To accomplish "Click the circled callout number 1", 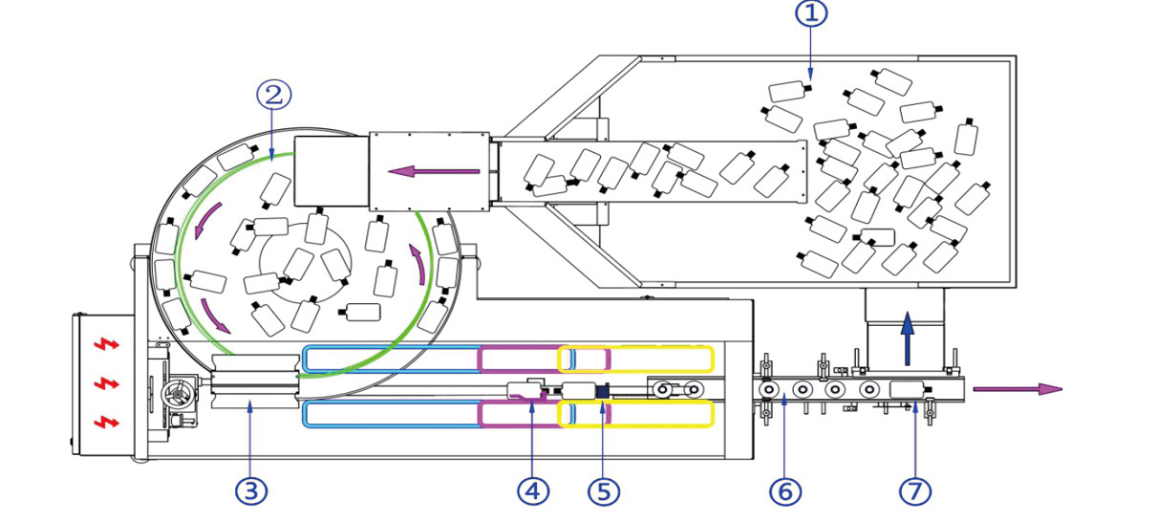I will [810, 13].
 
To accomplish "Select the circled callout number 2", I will [273, 94].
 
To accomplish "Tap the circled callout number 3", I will [250, 491].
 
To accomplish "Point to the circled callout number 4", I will [533, 491].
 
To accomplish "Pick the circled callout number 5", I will [603, 491].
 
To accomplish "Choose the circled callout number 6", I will [784, 491].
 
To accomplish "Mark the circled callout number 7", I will [914, 491].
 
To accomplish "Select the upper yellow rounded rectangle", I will [636, 359].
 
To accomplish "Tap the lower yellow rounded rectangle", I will [636, 414].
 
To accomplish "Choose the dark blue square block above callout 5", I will [602, 390].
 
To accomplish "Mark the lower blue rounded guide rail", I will [392, 414].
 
